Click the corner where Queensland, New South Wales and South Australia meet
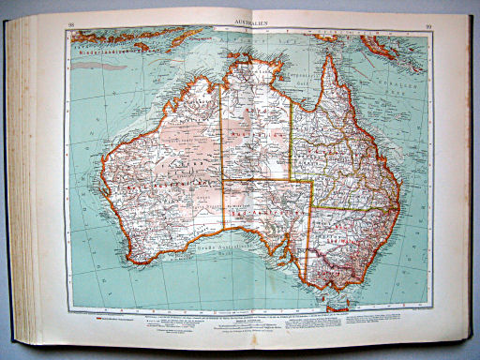click(x=311, y=208)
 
